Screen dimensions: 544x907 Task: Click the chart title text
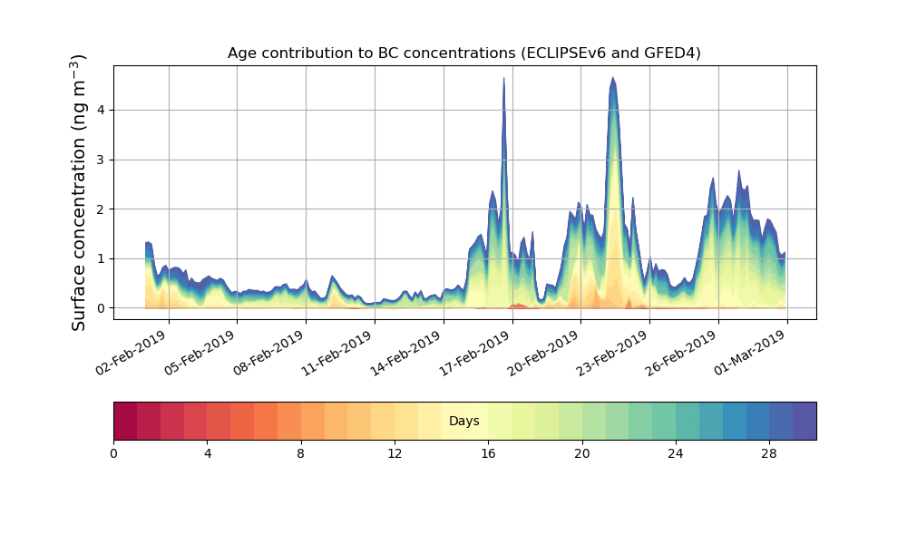tap(463, 53)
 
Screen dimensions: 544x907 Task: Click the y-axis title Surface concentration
tap(79, 192)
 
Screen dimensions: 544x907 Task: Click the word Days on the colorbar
tap(463, 422)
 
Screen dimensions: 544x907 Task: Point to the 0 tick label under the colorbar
tap(113, 453)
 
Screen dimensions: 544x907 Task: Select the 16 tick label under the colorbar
tap(488, 453)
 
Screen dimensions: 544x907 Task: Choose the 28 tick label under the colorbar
tap(769, 453)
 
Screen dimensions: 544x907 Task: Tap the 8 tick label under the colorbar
tap(301, 453)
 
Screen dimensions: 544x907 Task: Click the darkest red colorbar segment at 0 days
tap(125, 421)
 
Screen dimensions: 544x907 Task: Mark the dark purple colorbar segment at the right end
tap(805, 421)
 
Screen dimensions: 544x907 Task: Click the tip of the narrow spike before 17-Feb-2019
tap(504, 79)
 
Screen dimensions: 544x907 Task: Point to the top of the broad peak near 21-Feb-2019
tap(613, 78)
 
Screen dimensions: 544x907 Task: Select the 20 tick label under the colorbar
tap(581, 453)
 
